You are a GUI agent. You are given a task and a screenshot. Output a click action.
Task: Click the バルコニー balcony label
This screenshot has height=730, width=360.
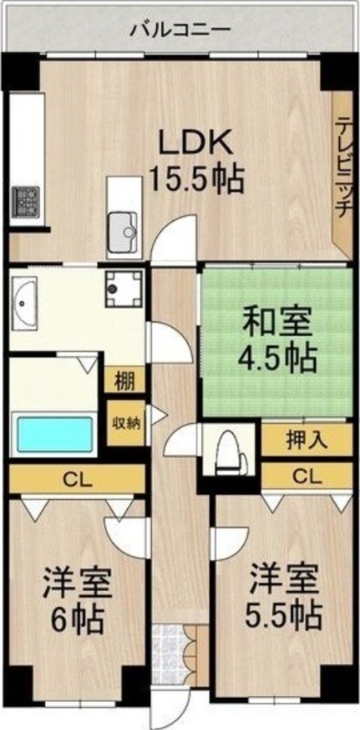click(x=179, y=27)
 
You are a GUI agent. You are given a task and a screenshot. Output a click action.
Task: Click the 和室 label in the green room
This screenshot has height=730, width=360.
click(x=276, y=323)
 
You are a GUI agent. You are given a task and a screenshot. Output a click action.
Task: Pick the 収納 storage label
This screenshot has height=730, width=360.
click(x=124, y=422)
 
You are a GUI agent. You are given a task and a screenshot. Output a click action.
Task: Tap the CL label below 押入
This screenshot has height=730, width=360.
click(x=307, y=475)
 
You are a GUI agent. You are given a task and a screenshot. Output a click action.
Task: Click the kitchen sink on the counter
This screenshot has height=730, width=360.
click(x=122, y=226)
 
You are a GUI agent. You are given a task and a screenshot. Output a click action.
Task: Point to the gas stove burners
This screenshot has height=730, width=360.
click(x=24, y=198)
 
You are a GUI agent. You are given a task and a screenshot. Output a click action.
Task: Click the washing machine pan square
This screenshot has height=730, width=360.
click(x=123, y=290)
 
